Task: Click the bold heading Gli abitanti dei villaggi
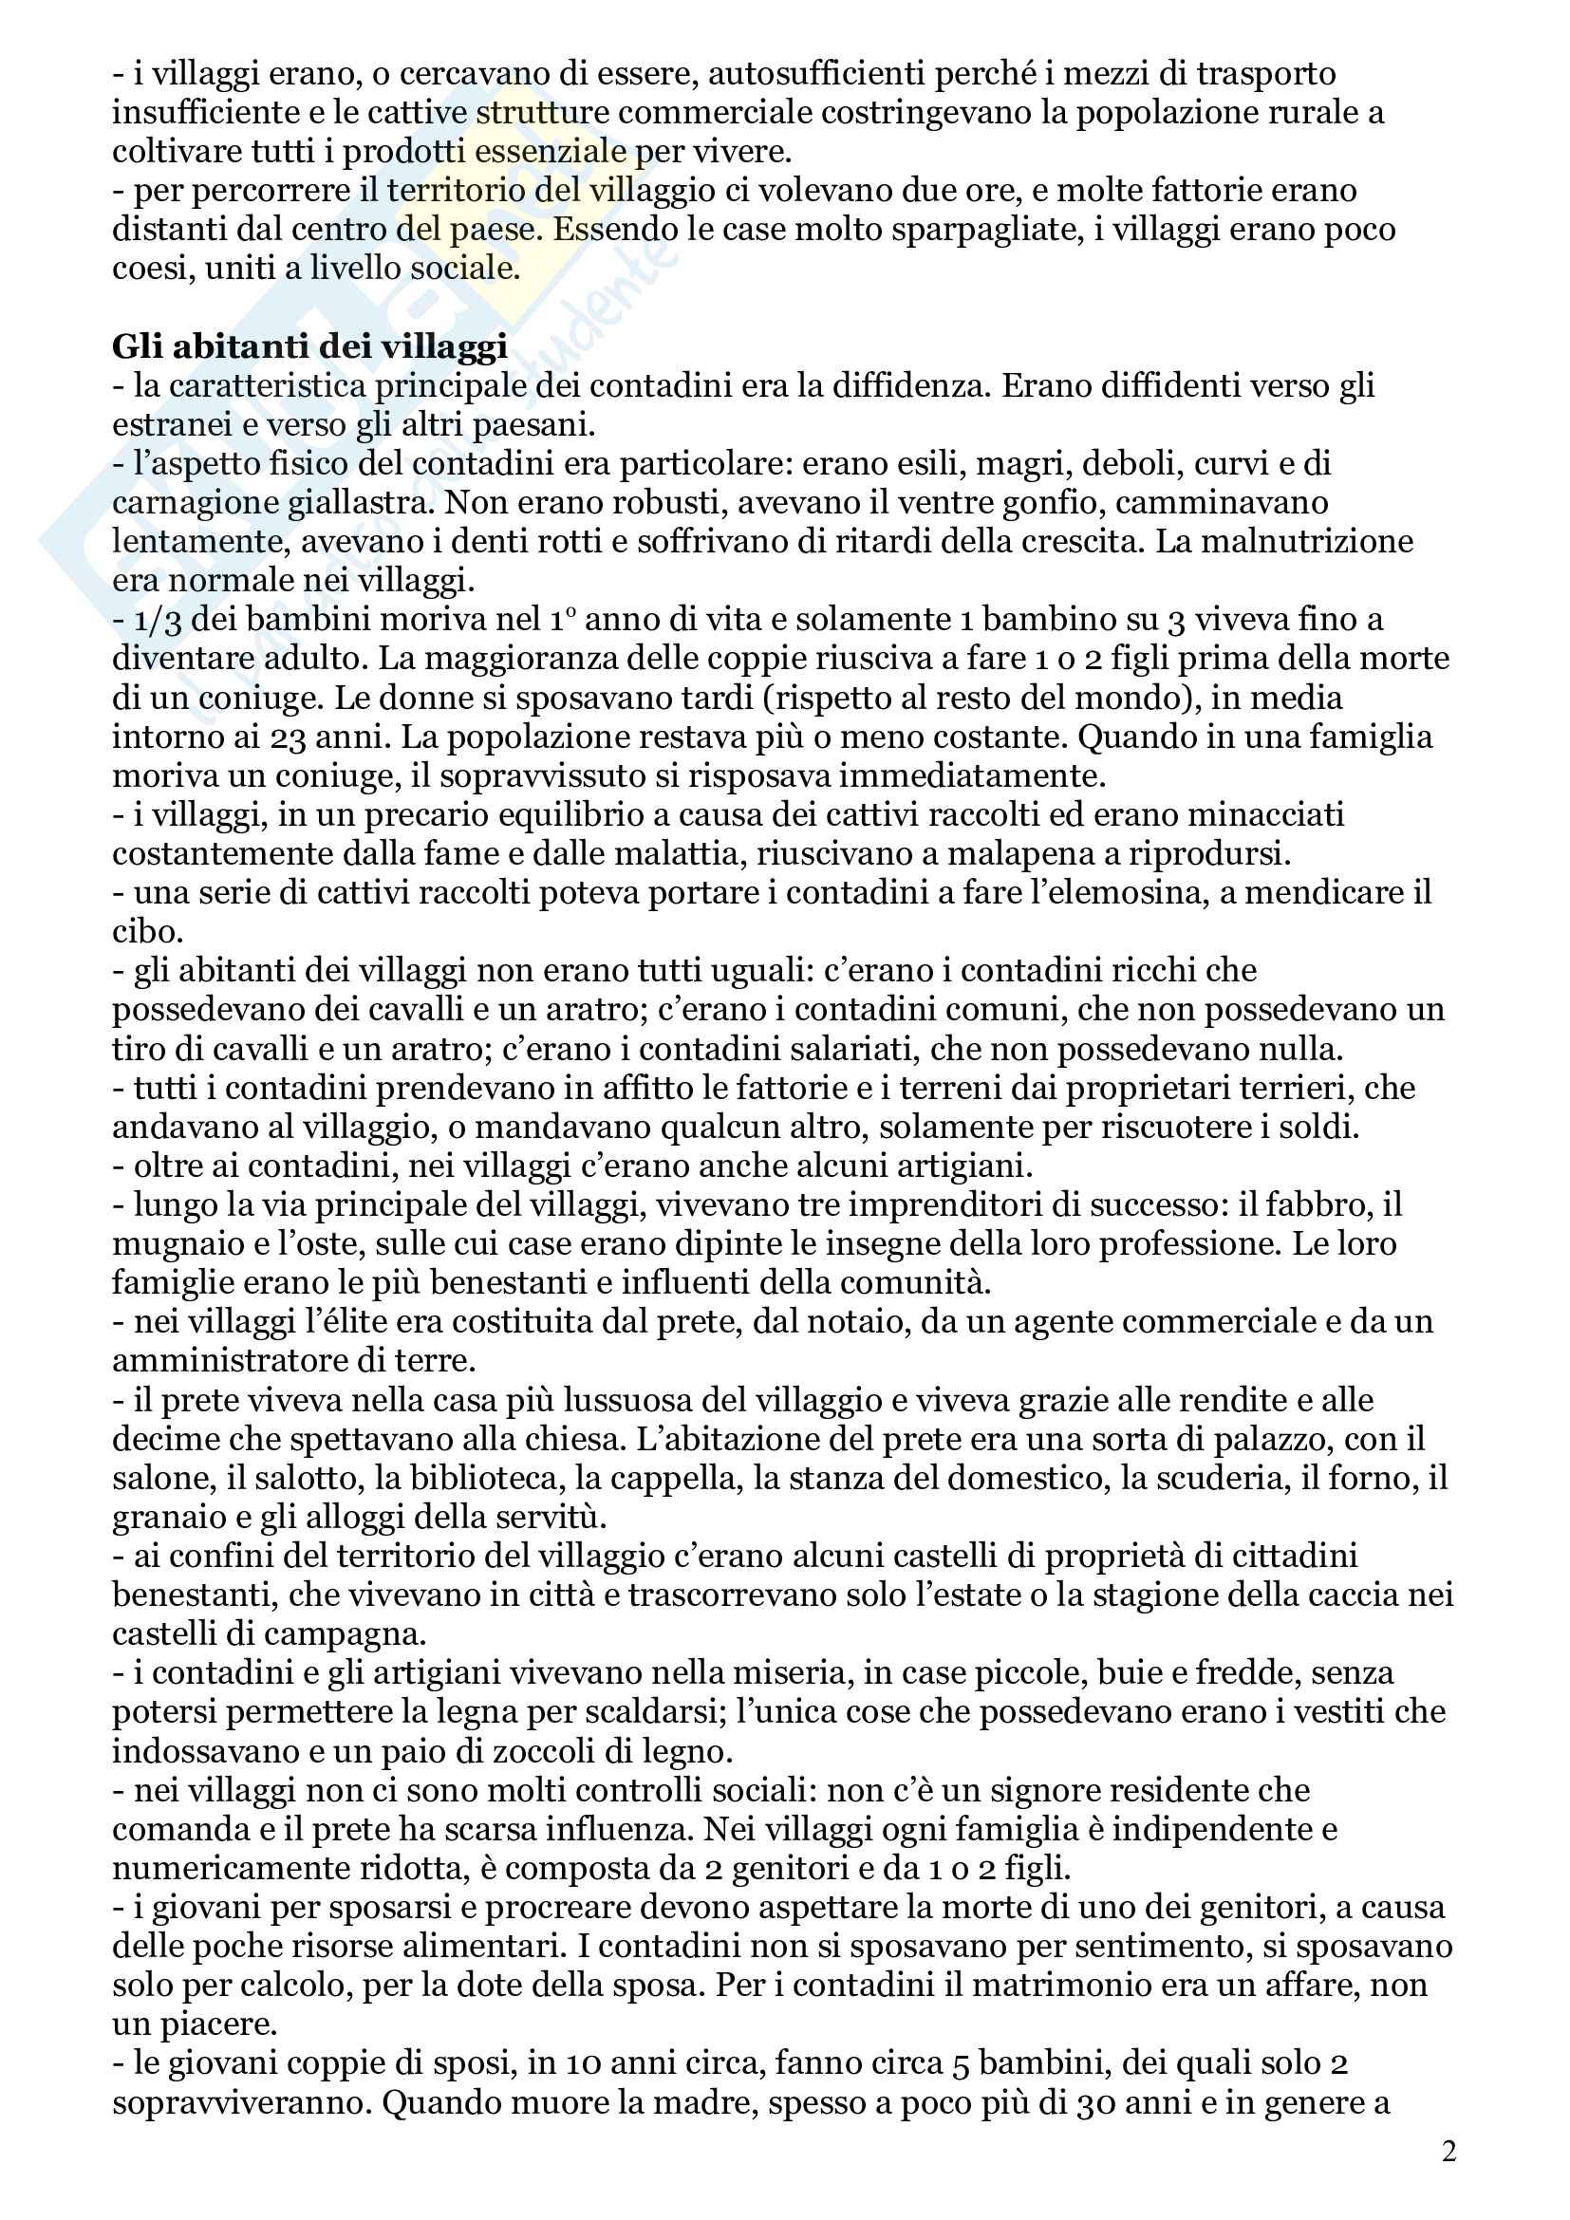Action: click(x=309, y=346)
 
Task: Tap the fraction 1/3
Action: click(x=158, y=620)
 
